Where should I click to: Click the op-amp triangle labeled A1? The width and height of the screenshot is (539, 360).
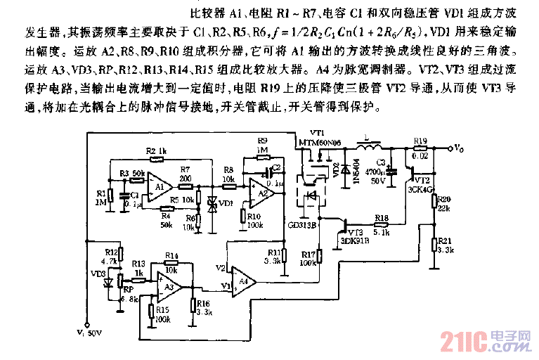(160, 187)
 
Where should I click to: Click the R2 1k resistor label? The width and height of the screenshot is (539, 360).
(156, 152)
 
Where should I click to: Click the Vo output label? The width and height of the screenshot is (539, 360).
(458, 148)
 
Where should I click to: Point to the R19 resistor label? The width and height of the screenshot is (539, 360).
(420, 141)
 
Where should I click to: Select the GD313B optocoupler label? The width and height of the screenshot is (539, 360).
(301, 226)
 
